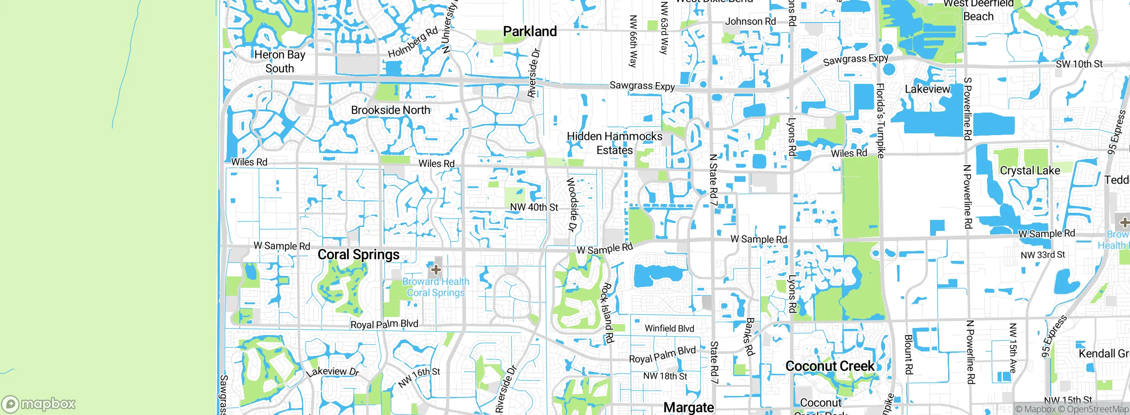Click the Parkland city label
click(x=530, y=31)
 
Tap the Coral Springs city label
click(x=358, y=255)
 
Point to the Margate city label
click(x=689, y=407)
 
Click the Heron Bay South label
click(x=280, y=61)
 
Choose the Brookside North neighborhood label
click(x=390, y=110)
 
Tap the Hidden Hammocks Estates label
click(x=614, y=143)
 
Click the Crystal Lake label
click(x=1030, y=170)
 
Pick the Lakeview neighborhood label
click(x=927, y=89)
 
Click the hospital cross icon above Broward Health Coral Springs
click(x=436, y=269)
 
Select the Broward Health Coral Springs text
click(x=436, y=287)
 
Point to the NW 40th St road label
click(x=534, y=207)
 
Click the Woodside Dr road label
click(x=572, y=204)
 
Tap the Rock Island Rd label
click(x=607, y=313)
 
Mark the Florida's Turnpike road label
click(x=880, y=120)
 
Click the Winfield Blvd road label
click(x=669, y=328)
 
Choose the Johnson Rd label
click(x=750, y=21)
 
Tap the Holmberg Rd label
click(x=413, y=42)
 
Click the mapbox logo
click(x=39, y=404)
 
